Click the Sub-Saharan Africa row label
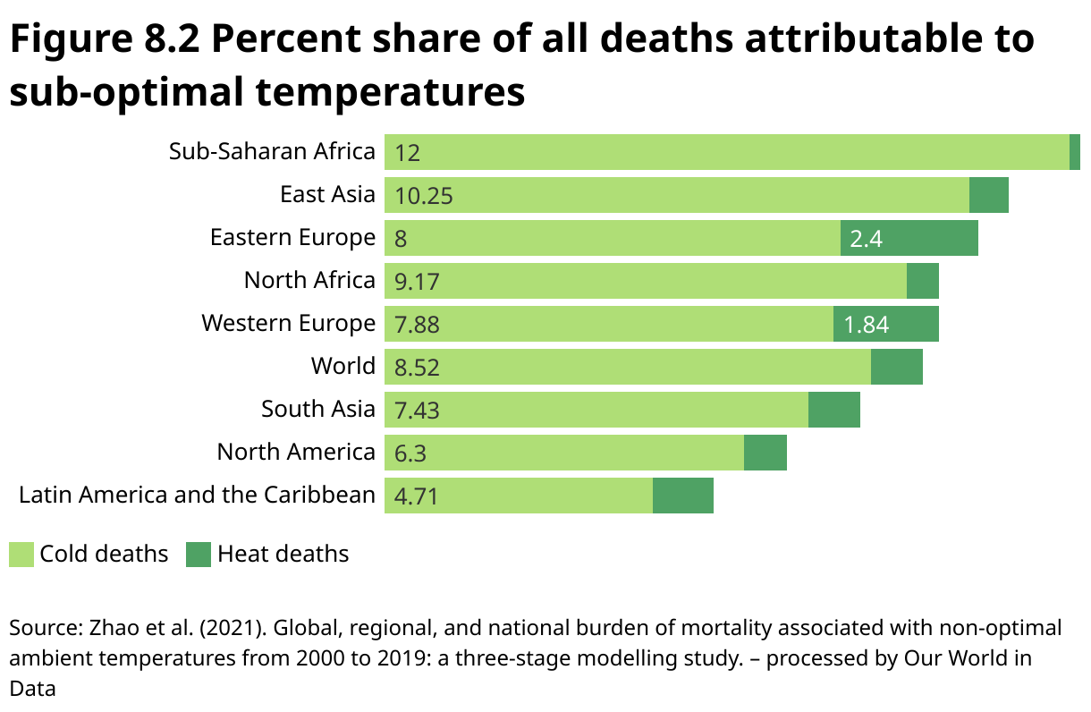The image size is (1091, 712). pos(272,152)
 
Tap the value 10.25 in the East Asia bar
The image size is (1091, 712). pos(424,196)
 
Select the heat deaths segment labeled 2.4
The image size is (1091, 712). pos(909,239)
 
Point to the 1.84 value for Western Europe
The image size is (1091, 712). pos(867,325)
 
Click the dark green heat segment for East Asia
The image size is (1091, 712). pos(989,195)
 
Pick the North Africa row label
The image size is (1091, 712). pos(309,281)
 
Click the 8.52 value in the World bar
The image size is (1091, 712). pos(417,368)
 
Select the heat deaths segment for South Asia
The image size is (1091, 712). pos(834,410)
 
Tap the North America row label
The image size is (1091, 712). pos(296,453)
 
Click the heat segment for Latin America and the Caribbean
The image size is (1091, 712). pos(683,496)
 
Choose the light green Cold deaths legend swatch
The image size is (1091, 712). pos(21,555)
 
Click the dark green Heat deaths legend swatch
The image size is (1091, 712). pos(198,555)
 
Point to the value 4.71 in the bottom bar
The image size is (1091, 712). pos(417,496)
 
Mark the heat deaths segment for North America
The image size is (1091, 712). pos(765,453)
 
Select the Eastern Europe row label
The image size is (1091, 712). pos(292,238)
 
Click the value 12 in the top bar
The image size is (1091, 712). pos(407,153)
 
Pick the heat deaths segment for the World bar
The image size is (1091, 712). pos(897,367)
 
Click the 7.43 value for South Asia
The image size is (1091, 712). pos(417,411)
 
